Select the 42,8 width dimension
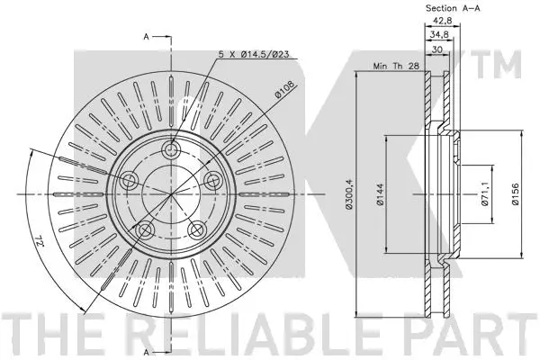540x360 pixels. pyautogui.click(x=440, y=22)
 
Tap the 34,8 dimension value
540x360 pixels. pyautogui.click(x=440, y=35)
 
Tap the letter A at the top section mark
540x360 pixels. pyautogui.click(x=147, y=37)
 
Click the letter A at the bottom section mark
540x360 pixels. pyautogui.click(x=147, y=349)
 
